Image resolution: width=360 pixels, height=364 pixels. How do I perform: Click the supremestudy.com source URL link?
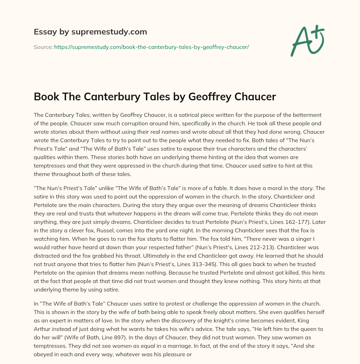(151, 47)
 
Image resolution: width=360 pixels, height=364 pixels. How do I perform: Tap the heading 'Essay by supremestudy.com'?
(90, 32)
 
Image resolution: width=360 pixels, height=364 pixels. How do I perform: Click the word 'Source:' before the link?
(43, 47)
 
